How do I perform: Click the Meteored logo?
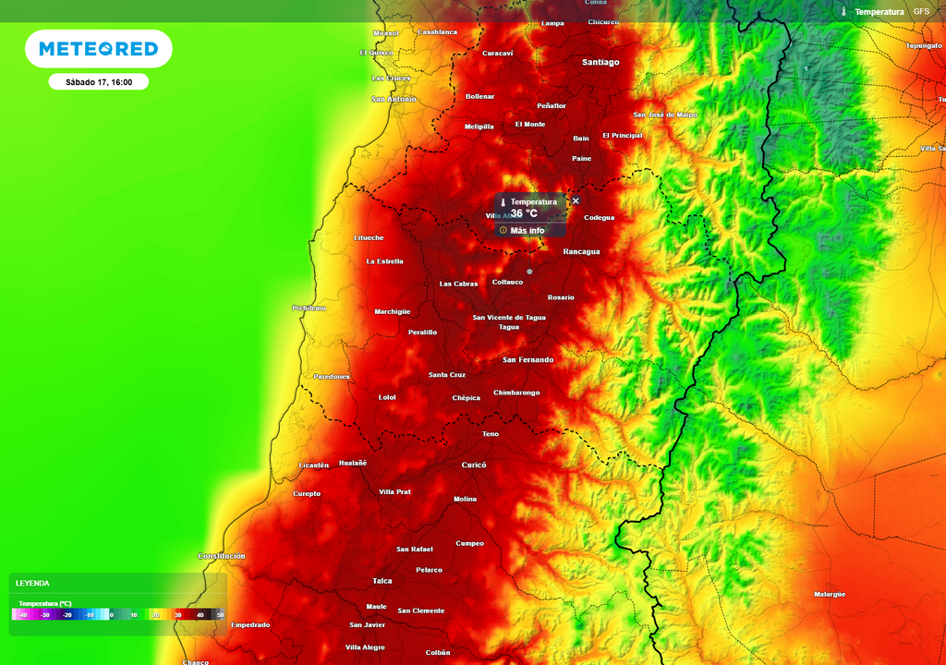(x=98, y=48)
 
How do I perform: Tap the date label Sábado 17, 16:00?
(x=99, y=82)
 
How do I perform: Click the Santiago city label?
(x=600, y=62)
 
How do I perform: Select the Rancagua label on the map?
(x=581, y=251)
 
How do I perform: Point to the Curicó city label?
(x=473, y=465)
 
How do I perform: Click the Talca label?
(x=382, y=581)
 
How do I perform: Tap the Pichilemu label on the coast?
(x=309, y=308)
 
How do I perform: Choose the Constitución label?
(x=222, y=556)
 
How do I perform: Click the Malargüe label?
(x=830, y=595)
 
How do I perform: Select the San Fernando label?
(x=528, y=359)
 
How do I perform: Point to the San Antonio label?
(x=394, y=99)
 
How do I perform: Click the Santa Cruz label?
(x=447, y=375)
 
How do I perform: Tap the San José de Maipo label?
(x=665, y=115)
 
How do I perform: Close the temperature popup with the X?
(x=576, y=200)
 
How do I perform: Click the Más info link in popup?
(x=527, y=230)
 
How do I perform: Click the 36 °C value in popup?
(x=524, y=213)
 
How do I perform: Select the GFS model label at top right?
(x=921, y=11)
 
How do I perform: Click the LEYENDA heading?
(x=32, y=583)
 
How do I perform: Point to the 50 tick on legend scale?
(x=220, y=614)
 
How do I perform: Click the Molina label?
(x=465, y=499)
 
